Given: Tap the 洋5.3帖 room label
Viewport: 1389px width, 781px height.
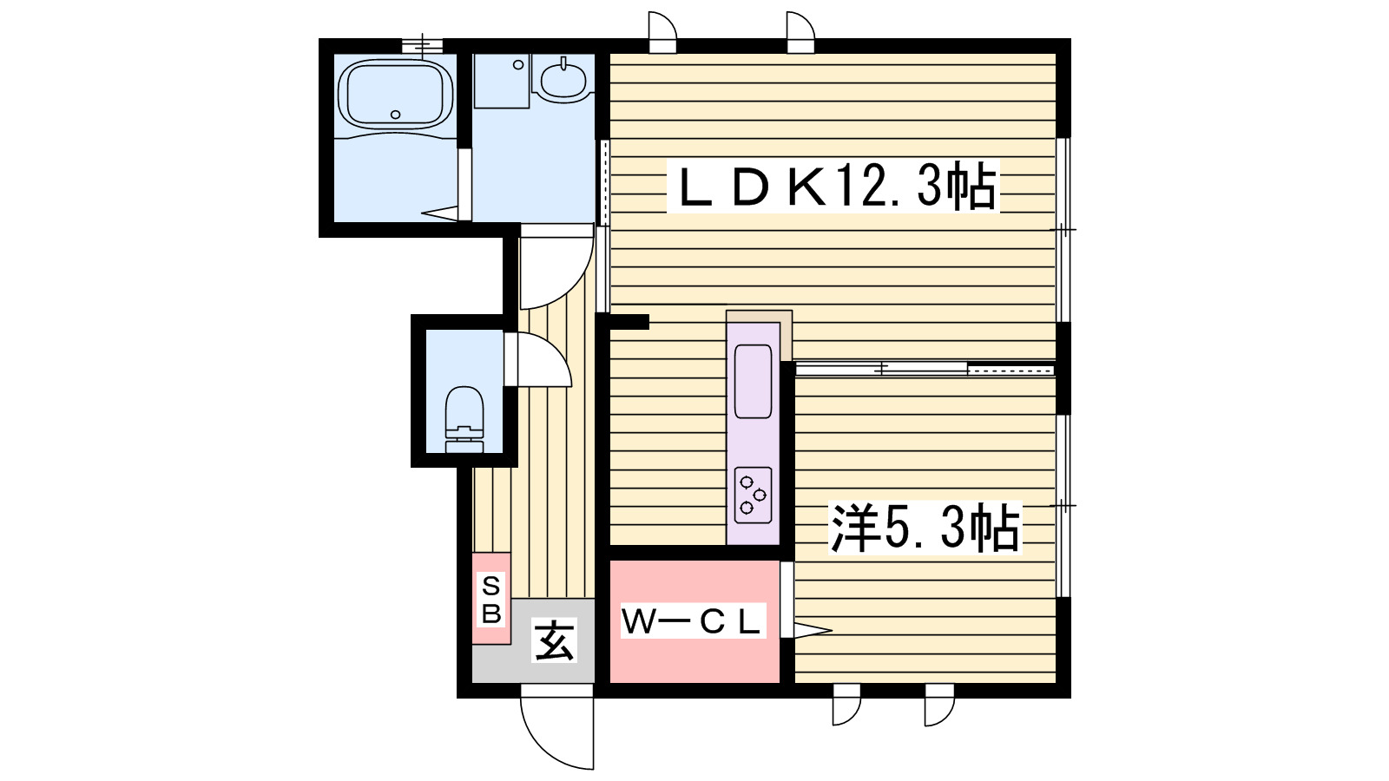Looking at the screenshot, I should coord(925,528).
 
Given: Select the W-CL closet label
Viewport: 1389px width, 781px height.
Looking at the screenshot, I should coord(692,621).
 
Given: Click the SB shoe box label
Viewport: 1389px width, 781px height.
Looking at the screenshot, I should coord(491,599).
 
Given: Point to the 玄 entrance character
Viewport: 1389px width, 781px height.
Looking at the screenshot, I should coord(554,642).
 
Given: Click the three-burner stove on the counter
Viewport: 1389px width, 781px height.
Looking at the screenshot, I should coord(753,495).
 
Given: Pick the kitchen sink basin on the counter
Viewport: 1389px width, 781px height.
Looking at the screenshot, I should coord(753,381).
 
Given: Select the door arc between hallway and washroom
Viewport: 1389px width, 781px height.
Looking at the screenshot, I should coord(556,269).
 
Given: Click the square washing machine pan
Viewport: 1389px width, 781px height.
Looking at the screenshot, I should coord(502,81).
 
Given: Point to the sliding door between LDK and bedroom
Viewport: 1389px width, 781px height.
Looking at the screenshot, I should coord(925,370).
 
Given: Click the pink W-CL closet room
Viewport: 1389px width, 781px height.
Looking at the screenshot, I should coord(694,660).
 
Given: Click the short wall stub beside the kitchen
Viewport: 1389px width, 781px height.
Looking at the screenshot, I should coord(629,323).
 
